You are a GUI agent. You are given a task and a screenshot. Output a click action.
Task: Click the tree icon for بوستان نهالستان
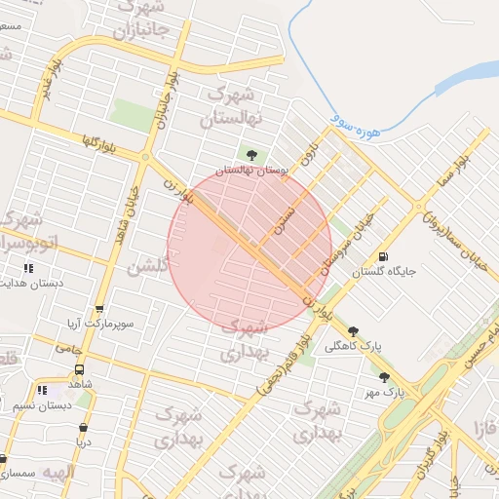coord(252,154)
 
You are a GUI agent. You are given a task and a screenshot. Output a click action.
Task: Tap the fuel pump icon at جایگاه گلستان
coord(383,257)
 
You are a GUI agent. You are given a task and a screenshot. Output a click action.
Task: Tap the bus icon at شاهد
coord(79,369)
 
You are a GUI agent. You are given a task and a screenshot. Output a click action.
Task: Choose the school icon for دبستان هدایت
coord(28,268)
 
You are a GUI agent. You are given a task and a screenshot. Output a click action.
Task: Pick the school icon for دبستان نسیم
coord(41,390)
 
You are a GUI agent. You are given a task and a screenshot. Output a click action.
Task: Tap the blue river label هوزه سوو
coord(354,125)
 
